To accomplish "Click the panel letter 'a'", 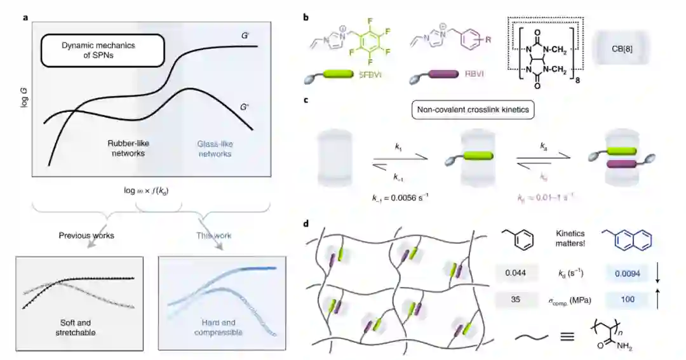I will [x=26, y=17].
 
